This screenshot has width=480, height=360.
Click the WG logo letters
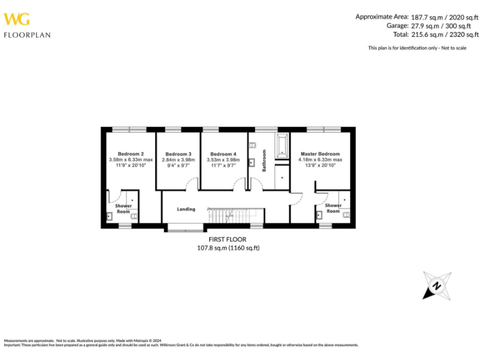[x=17, y=19]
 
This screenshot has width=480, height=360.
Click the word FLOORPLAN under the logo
[x=27, y=35]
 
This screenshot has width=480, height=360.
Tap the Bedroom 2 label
[x=131, y=154]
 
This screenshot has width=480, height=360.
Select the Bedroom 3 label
[x=178, y=154]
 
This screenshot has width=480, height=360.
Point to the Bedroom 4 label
[x=223, y=154]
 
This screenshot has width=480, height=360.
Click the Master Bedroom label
[x=320, y=154]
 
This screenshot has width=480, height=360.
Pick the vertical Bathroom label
[x=264, y=160]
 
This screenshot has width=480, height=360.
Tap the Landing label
[x=186, y=209]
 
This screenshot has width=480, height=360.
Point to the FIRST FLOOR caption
[x=227, y=239]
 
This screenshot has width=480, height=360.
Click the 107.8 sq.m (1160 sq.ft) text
[x=227, y=248]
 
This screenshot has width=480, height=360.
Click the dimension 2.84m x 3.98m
[x=178, y=160]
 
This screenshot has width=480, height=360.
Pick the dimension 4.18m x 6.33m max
[x=320, y=160]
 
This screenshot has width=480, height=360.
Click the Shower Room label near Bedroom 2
[x=123, y=209]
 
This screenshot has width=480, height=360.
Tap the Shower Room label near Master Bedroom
[x=333, y=208]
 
